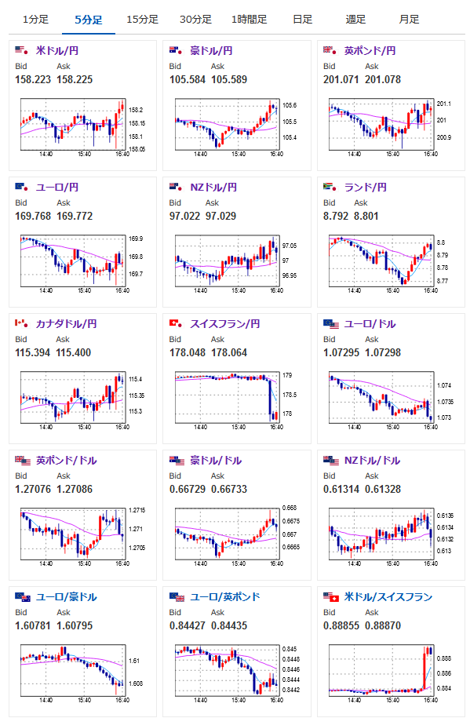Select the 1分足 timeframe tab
pos(35,20)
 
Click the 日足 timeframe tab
pos(302,20)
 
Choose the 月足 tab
pos(409,20)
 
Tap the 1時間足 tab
pos(250,20)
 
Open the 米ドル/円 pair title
pos(57,51)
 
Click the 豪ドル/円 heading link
pos(211,51)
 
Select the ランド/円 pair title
pos(366,188)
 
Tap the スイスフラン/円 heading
pos(225,324)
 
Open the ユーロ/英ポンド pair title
pos(225,596)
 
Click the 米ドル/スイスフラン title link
pos(388,596)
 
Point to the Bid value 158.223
pos(33,80)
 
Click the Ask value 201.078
pos(383,80)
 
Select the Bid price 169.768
pos(33,216)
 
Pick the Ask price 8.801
pos(366,216)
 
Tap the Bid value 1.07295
pos(341,352)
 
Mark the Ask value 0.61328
pos(383,489)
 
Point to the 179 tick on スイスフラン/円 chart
pos(287,376)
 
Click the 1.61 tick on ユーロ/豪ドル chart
pos(134,661)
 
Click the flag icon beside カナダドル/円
pos(21,324)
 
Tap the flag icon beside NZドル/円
pos(176,187)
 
